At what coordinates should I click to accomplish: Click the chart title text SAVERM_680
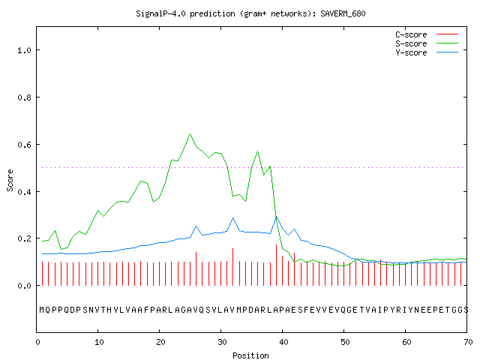343,13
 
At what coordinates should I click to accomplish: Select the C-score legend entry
427,34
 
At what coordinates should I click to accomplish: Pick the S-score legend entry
427,43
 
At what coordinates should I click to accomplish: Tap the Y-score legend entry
427,52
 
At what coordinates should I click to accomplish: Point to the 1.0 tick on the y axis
24,50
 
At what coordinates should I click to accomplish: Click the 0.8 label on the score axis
24,97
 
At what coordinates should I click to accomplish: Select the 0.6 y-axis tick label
24,145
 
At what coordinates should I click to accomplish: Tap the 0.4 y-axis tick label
24,192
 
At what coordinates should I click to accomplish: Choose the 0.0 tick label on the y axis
24,286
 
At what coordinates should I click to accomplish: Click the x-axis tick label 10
99,342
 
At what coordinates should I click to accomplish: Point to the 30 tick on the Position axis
222,342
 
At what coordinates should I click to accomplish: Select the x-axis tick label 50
345,342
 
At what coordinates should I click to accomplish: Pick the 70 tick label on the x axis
468,342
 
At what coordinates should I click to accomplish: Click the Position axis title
250,355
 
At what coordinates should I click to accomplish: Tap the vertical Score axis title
10,180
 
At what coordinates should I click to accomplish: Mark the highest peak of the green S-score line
190,134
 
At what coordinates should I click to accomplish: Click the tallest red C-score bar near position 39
277,265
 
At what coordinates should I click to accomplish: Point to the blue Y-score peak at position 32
233,218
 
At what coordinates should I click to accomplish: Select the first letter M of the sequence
42,310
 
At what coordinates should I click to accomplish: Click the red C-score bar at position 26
196,268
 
